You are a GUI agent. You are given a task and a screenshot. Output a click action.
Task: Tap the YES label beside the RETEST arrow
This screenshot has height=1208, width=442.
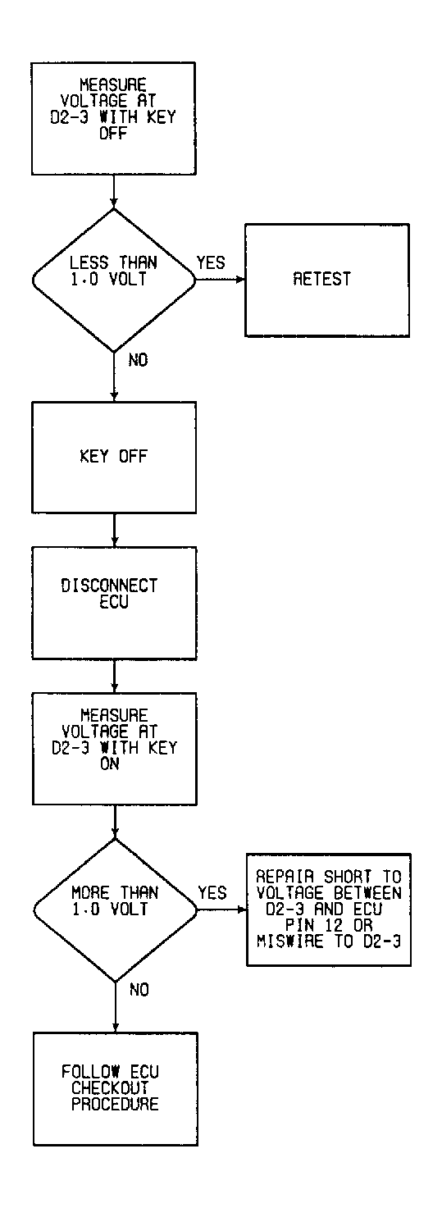211,262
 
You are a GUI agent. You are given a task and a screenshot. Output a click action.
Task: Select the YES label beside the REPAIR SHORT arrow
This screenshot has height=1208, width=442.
212,893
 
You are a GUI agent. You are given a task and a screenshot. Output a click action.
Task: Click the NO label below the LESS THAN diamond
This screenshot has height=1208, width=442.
138,360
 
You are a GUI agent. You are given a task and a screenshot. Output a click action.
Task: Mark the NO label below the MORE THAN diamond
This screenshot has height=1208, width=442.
139,990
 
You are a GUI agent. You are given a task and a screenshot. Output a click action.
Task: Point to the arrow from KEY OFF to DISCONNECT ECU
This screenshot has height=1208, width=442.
114,530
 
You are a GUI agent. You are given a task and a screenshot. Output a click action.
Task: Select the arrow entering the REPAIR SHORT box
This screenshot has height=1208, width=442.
222,909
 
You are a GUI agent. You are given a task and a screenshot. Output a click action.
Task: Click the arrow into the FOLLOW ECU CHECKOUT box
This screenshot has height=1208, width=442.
116,1007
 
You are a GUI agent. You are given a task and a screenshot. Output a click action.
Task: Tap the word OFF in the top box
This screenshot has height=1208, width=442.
112,133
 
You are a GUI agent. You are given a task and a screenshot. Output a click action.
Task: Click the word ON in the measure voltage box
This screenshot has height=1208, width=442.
109,764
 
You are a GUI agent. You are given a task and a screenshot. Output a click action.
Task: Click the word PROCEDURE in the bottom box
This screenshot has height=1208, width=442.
116,1104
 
